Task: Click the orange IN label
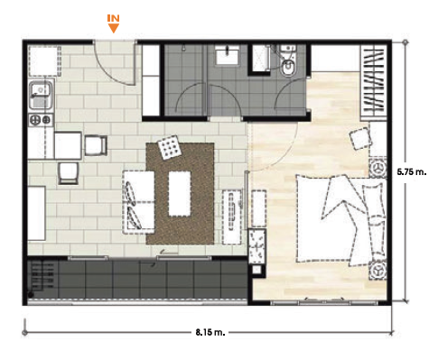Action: click(x=114, y=18)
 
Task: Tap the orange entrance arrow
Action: click(x=114, y=28)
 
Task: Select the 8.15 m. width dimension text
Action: click(x=210, y=332)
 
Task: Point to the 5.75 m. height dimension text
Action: click(x=412, y=172)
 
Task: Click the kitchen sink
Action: click(x=42, y=96)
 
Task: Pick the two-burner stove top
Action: click(x=41, y=120)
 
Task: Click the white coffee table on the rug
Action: click(x=180, y=194)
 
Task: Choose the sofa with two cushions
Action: click(x=139, y=202)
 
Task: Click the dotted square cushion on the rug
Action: click(x=170, y=146)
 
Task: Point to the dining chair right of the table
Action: click(x=96, y=145)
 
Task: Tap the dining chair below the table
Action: click(x=69, y=173)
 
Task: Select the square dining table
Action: click(x=68, y=145)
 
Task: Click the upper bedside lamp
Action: click(x=377, y=168)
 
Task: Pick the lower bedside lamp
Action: click(x=377, y=271)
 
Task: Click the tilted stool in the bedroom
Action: click(x=360, y=138)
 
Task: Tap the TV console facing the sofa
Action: click(x=232, y=217)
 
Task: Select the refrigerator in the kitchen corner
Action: click(x=44, y=61)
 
